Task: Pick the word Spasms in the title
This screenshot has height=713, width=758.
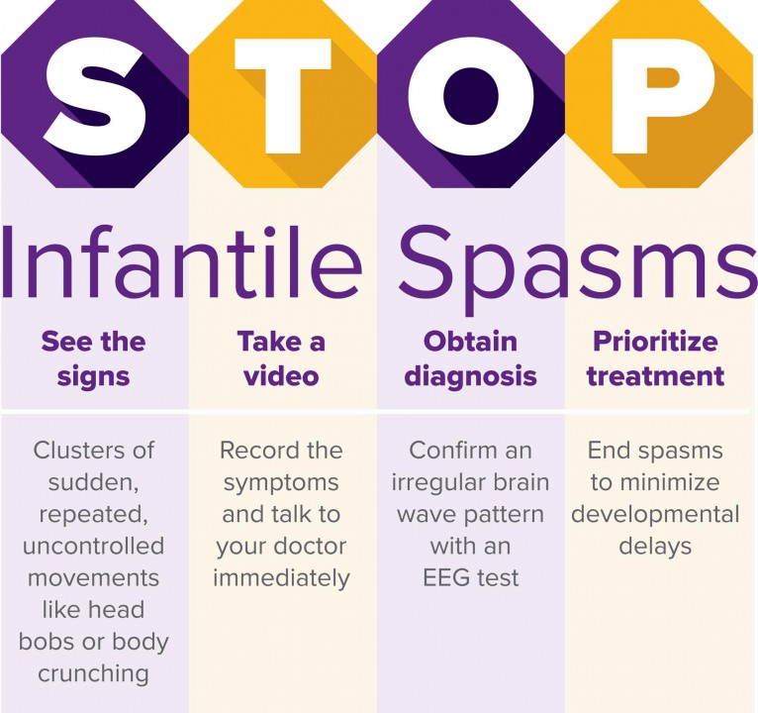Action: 578,267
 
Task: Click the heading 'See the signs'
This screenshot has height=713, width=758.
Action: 94,358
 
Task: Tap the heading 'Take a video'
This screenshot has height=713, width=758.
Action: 281,358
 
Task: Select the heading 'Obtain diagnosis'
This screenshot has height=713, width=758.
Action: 470,358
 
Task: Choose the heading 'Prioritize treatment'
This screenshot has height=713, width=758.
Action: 655,358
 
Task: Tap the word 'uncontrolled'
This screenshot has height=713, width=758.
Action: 93,546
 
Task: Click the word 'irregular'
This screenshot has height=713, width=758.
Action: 438,483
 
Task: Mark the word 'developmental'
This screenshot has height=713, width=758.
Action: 655,515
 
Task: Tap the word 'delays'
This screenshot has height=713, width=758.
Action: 655,547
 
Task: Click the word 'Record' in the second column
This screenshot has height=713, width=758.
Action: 254,451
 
